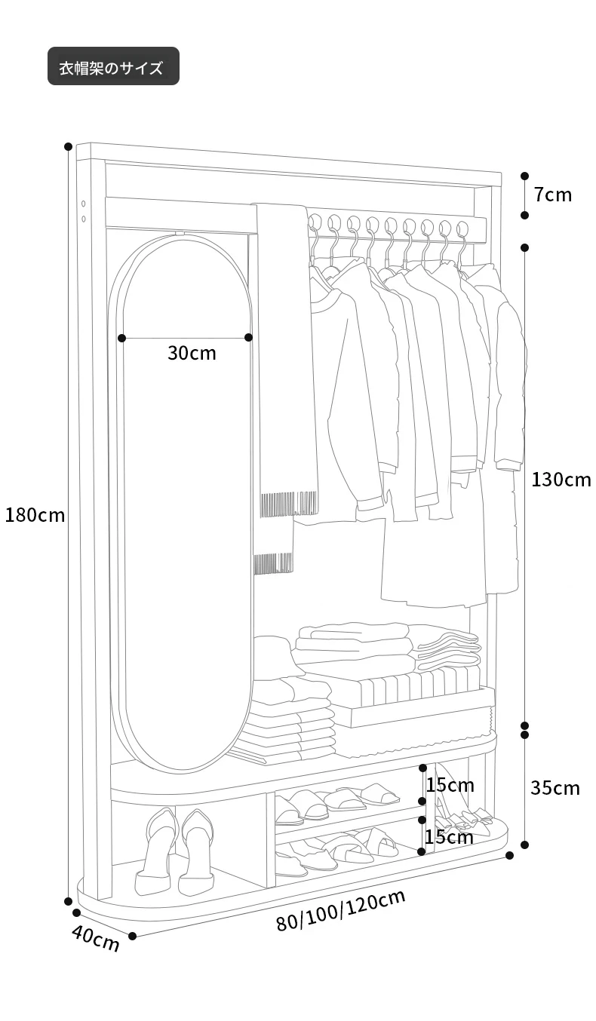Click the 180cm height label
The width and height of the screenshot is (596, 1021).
35,515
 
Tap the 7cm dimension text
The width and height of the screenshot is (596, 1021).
553,195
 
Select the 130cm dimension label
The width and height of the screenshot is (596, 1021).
561,480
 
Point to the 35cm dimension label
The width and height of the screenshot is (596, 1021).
555,788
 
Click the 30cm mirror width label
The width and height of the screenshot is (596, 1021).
192,353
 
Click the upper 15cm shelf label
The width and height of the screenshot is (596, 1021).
450,785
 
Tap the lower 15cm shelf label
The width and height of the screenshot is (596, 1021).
449,837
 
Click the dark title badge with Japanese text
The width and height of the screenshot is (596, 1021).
114,66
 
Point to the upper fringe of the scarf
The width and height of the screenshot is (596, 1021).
289,504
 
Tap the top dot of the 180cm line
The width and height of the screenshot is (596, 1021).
69,146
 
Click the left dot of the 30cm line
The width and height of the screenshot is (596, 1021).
121,338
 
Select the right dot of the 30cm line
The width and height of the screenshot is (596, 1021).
248,337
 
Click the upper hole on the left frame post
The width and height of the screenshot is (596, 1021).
84,204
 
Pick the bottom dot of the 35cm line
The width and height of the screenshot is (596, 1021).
525,845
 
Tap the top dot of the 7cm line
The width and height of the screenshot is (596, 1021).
525,176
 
